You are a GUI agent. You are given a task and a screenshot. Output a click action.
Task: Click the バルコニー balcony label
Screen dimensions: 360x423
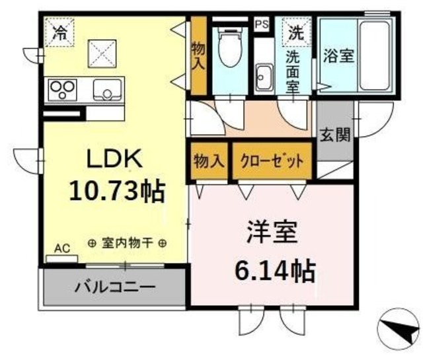(x=114, y=288)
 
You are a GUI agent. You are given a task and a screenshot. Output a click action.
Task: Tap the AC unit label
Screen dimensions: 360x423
(x=61, y=248)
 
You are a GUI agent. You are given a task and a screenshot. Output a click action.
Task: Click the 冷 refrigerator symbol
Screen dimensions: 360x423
(x=60, y=31)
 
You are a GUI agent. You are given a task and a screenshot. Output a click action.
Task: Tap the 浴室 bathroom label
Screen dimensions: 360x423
(x=337, y=56)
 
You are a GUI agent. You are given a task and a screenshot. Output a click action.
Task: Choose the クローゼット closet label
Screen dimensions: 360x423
(x=272, y=161)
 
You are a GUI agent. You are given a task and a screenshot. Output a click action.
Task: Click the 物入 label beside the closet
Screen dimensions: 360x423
(x=209, y=161)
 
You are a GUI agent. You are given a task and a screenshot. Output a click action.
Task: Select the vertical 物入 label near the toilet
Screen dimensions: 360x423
(x=198, y=56)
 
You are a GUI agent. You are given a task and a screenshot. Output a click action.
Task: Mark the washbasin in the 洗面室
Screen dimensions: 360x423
(x=265, y=75)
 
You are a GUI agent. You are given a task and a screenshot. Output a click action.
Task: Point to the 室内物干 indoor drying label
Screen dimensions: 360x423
(x=127, y=243)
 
